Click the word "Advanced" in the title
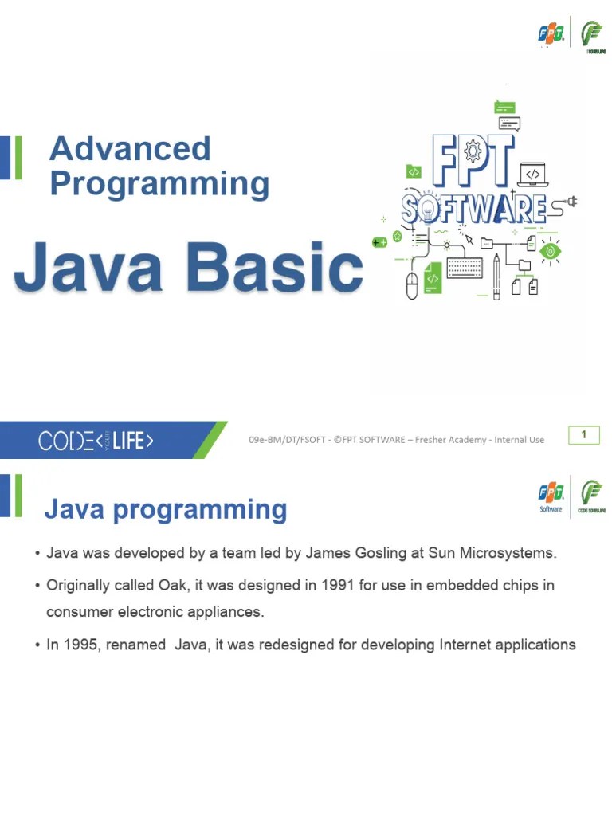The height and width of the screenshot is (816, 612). coord(129,149)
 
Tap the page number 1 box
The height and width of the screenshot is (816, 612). coord(583,435)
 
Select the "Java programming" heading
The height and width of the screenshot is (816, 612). coord(166,509)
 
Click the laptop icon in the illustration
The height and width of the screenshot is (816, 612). coord(532,173)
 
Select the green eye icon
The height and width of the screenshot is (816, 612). coord(549,251)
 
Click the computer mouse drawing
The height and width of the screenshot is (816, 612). coord(412,285)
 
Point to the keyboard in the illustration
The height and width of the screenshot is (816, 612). coord(465,268)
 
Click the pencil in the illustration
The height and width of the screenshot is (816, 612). coord(496,276)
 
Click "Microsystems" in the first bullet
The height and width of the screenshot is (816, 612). coord(510,553)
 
